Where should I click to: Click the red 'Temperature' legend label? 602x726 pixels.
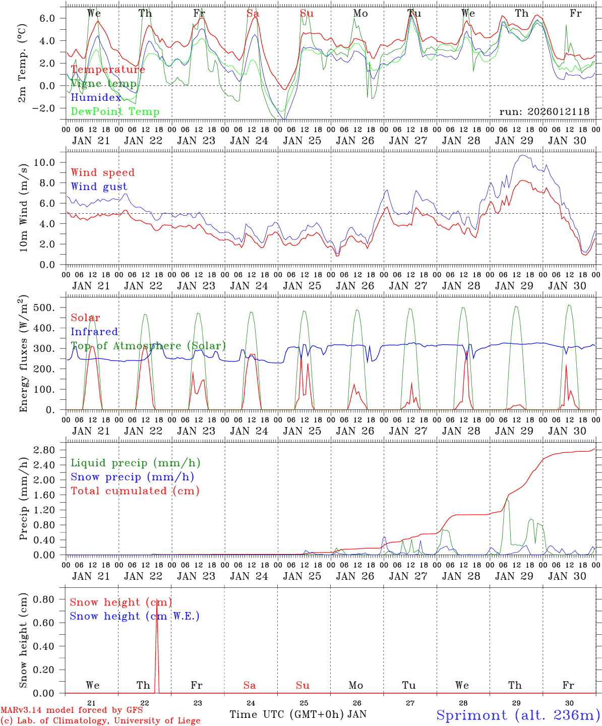point(108,70)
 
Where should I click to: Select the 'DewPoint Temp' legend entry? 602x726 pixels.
point(115,112)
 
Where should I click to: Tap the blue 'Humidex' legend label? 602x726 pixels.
point(96,98)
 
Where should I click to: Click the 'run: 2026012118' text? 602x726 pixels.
point(544,112)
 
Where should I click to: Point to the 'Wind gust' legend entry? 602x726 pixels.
point(99,187)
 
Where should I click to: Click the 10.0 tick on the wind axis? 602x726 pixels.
point(50,162)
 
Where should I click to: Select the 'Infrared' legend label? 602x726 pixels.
point(94,332)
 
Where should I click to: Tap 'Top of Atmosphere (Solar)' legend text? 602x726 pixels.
point(148,346)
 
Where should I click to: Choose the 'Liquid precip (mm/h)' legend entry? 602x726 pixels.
point(136,463)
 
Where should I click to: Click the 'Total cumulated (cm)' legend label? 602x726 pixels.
point(135,491)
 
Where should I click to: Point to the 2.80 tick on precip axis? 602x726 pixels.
point(50,450)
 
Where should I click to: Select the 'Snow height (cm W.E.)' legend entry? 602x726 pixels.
point(135,616)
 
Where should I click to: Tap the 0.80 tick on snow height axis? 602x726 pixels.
point(45,599)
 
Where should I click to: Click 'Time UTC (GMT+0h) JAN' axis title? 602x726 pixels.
point(298,714)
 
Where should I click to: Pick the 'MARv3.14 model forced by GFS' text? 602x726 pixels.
point(71,710)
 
